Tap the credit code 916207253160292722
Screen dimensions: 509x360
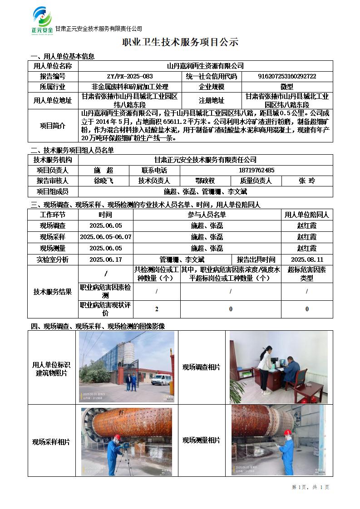[287, 77]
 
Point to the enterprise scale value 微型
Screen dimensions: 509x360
[287, 87]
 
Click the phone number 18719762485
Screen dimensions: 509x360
[256, 171]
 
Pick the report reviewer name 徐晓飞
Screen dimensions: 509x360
[104, 181]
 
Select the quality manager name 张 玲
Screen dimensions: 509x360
[306, 181]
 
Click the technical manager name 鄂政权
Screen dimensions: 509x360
[205, 181]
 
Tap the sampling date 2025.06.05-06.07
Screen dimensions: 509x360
[105, 237]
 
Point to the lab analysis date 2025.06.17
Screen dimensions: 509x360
[105, 259]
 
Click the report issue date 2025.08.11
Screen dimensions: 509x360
[306, 259]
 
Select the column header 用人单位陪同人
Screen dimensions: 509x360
[306, 215]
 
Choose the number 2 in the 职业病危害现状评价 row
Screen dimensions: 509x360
[157, 309]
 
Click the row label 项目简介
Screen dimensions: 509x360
[53, 126]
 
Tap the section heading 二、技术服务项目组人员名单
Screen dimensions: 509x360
[72, 150]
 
